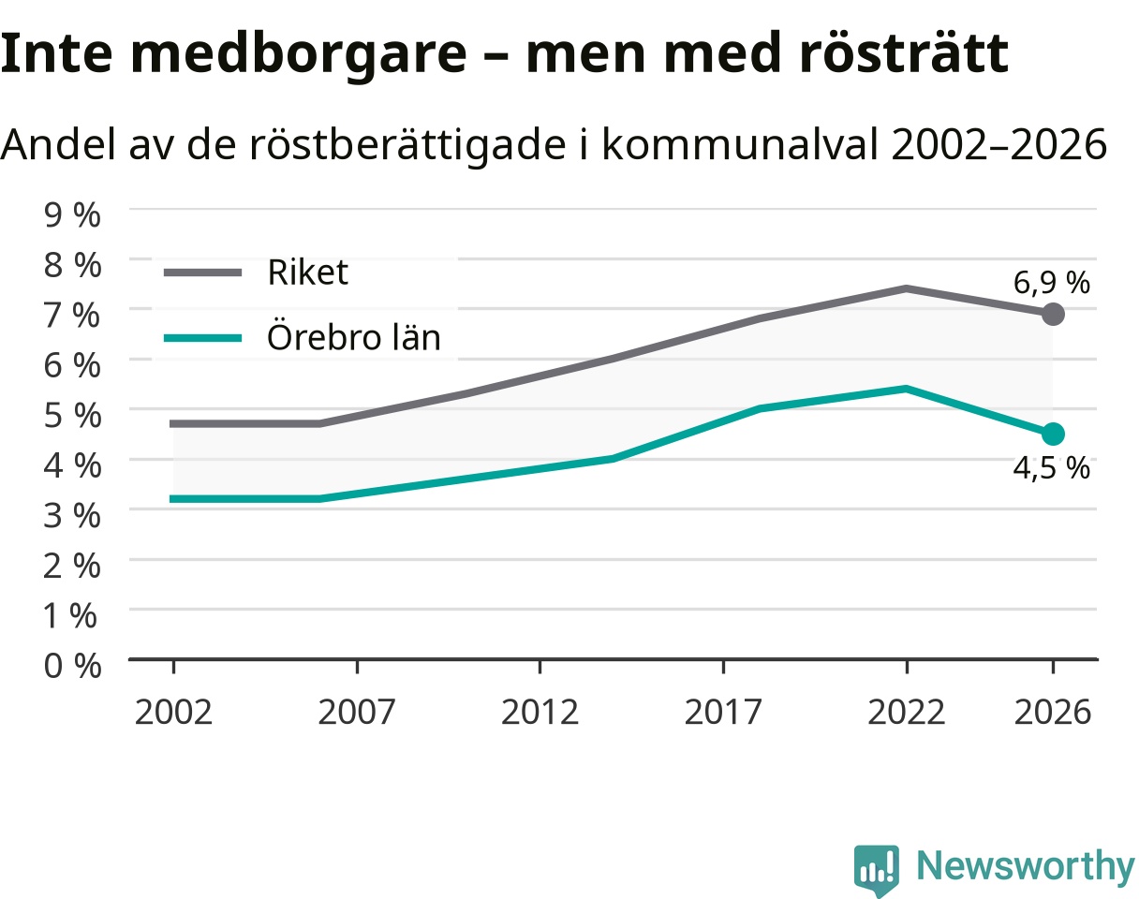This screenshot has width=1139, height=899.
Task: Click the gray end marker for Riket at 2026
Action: [x=1053, y=314]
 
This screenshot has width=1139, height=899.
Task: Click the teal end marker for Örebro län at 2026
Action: [x=1053, y=434]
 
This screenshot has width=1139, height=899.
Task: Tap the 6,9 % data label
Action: [x=1051, y=283]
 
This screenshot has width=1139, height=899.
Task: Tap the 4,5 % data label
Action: [x=1051, y=468]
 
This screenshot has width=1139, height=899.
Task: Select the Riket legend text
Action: [x=307, y=272]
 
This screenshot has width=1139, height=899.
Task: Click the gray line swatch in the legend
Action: [x=202, y=273]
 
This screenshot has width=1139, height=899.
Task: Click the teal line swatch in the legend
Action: [x=202, y=338]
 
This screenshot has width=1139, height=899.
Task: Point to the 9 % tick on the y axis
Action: [x=72, y=214]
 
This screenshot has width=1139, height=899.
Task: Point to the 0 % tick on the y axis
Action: [x=72, y=665]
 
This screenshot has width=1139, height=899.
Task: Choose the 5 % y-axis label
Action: [x=72, y=416]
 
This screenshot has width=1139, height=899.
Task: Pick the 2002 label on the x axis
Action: [x=173, y=713]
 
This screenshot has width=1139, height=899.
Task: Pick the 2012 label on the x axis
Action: [x=540, y=713]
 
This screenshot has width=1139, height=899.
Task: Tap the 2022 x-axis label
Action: [x=906, y=713]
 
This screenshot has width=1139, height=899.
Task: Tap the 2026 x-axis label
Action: [x=1053, y=713]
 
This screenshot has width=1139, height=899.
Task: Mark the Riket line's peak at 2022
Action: [x=906, y=288]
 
